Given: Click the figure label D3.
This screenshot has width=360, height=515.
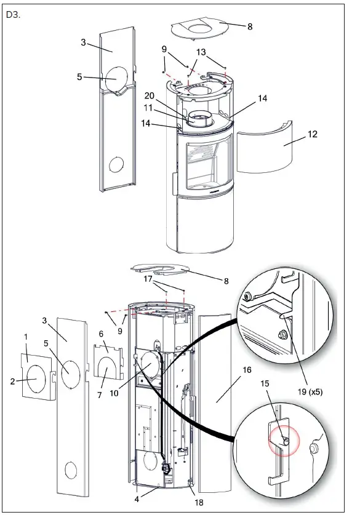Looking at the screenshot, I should tap(13, 15).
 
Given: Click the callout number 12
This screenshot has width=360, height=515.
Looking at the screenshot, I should tap(313, 135).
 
